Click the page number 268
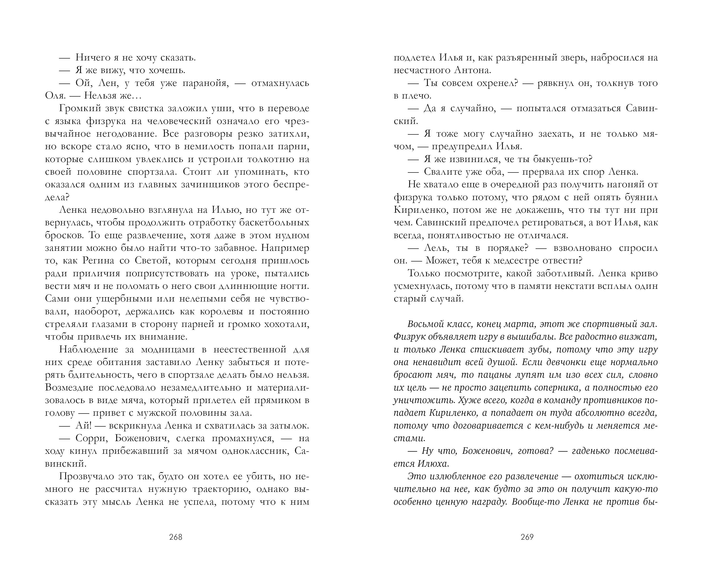[x=175, y=537]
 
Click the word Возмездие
[x=69, y=388]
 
